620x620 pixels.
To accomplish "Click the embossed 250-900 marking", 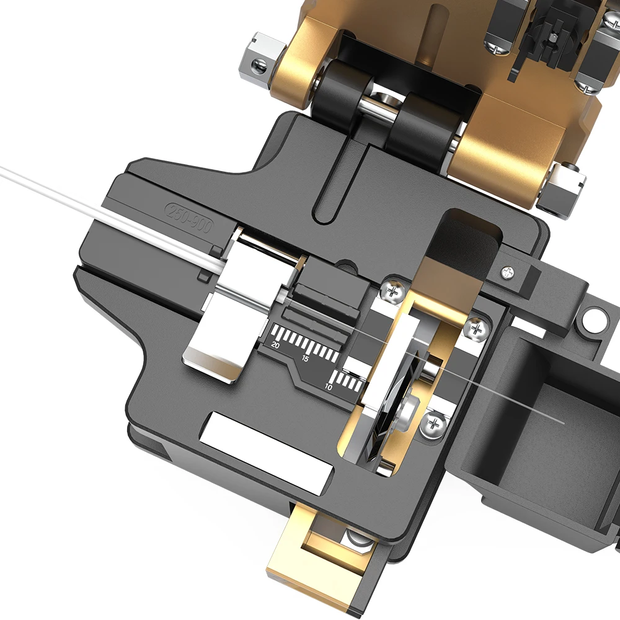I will click(187, 218).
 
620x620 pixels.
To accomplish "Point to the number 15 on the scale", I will click(305, 359).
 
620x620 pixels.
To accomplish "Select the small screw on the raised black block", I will click(508, 272).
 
